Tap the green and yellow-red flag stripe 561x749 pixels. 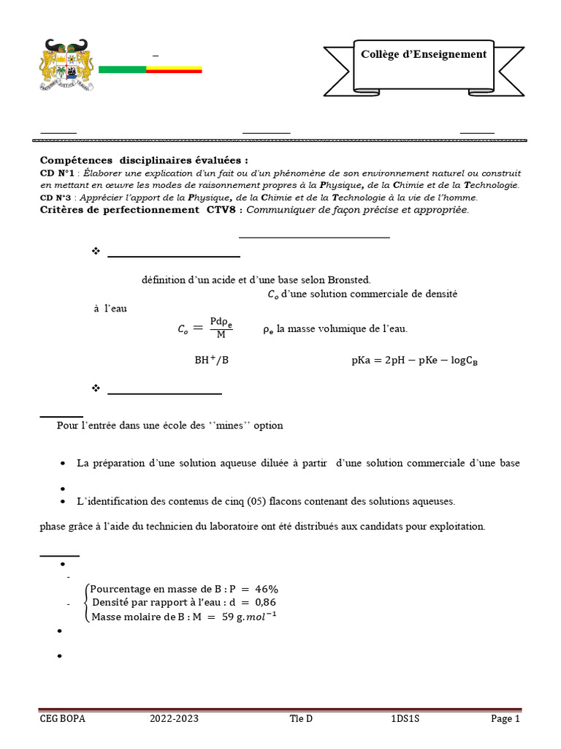point(150,69)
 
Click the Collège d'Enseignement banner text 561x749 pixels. point(424,54)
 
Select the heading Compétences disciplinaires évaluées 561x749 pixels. point(144,159)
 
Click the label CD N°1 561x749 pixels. point(58,173)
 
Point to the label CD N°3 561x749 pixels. point(57,197)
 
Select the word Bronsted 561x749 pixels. point(348,279)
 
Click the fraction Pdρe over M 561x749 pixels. point(221,328)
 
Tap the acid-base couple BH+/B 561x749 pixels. point(211,360)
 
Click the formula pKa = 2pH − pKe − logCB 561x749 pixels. point(414,360)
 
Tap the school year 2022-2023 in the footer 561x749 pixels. point(174,719)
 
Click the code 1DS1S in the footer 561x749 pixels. point(405,719)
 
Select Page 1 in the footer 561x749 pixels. point(505,719)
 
